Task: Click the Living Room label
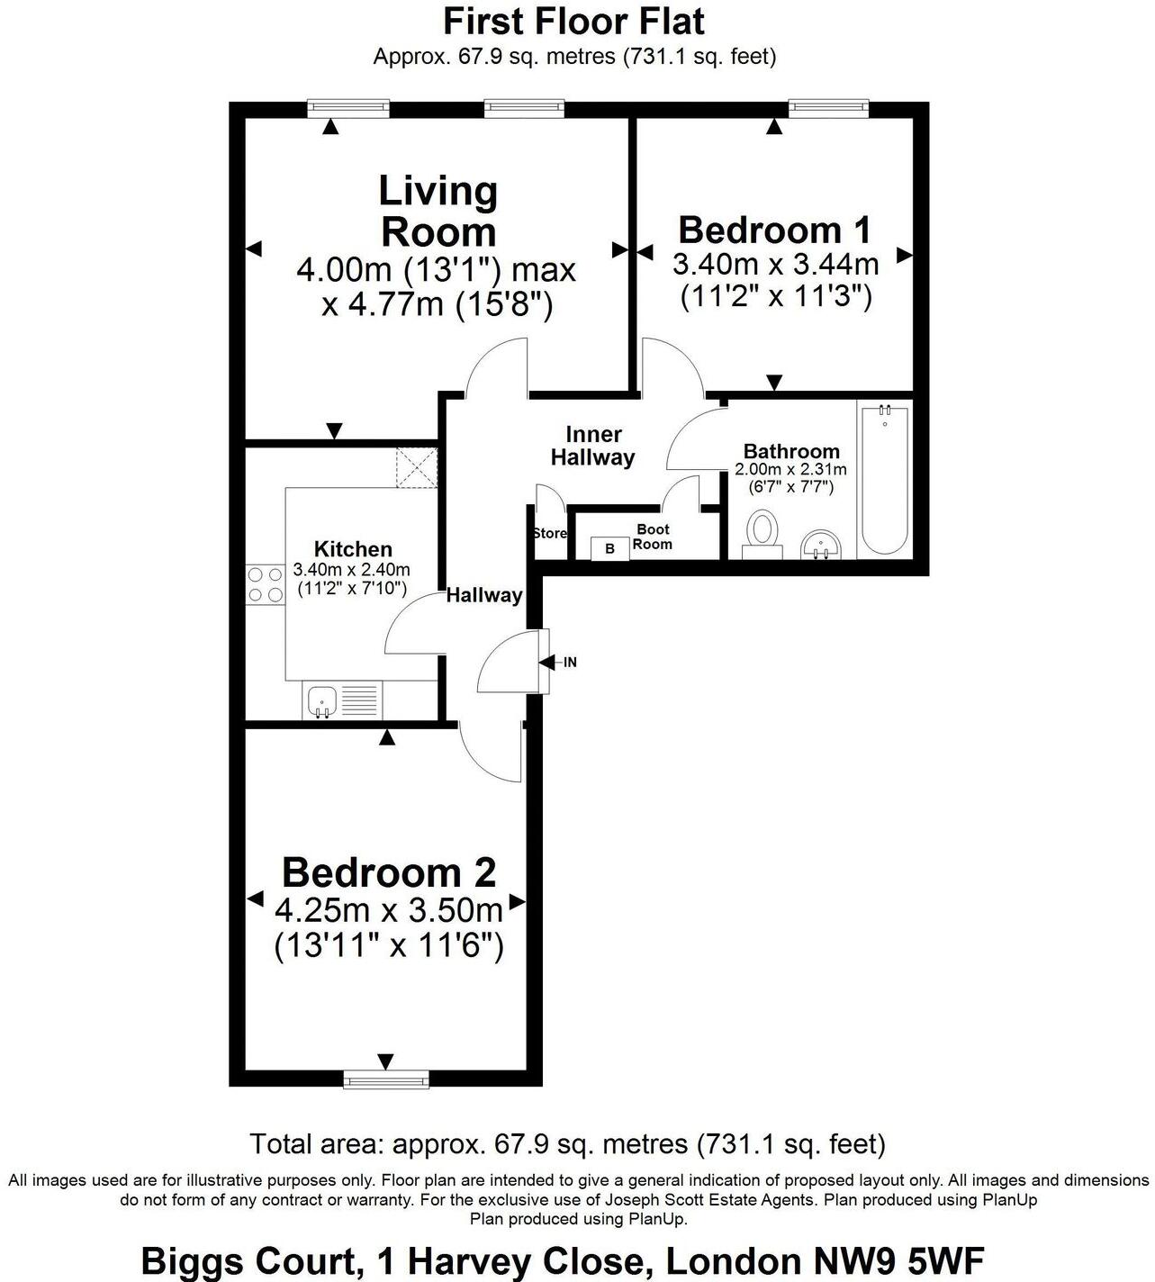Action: click(438, 212)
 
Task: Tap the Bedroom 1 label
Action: click(774, 230)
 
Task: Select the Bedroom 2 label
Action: click(388, 872)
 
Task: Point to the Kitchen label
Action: click(353, 549)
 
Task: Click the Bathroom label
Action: click(791, 451)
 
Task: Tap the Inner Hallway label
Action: click(592, 447)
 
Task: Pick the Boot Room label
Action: click(653, 537)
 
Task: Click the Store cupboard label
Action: click(549, 533)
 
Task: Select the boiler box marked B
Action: click(609, 547)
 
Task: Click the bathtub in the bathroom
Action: click(884, 479)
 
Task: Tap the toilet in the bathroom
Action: click(762, 533)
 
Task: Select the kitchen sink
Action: click(321, 700)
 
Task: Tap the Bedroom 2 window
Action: click(386, 1078)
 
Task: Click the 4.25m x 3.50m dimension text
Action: click(388, 911)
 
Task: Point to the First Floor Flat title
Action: click(574, 20)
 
